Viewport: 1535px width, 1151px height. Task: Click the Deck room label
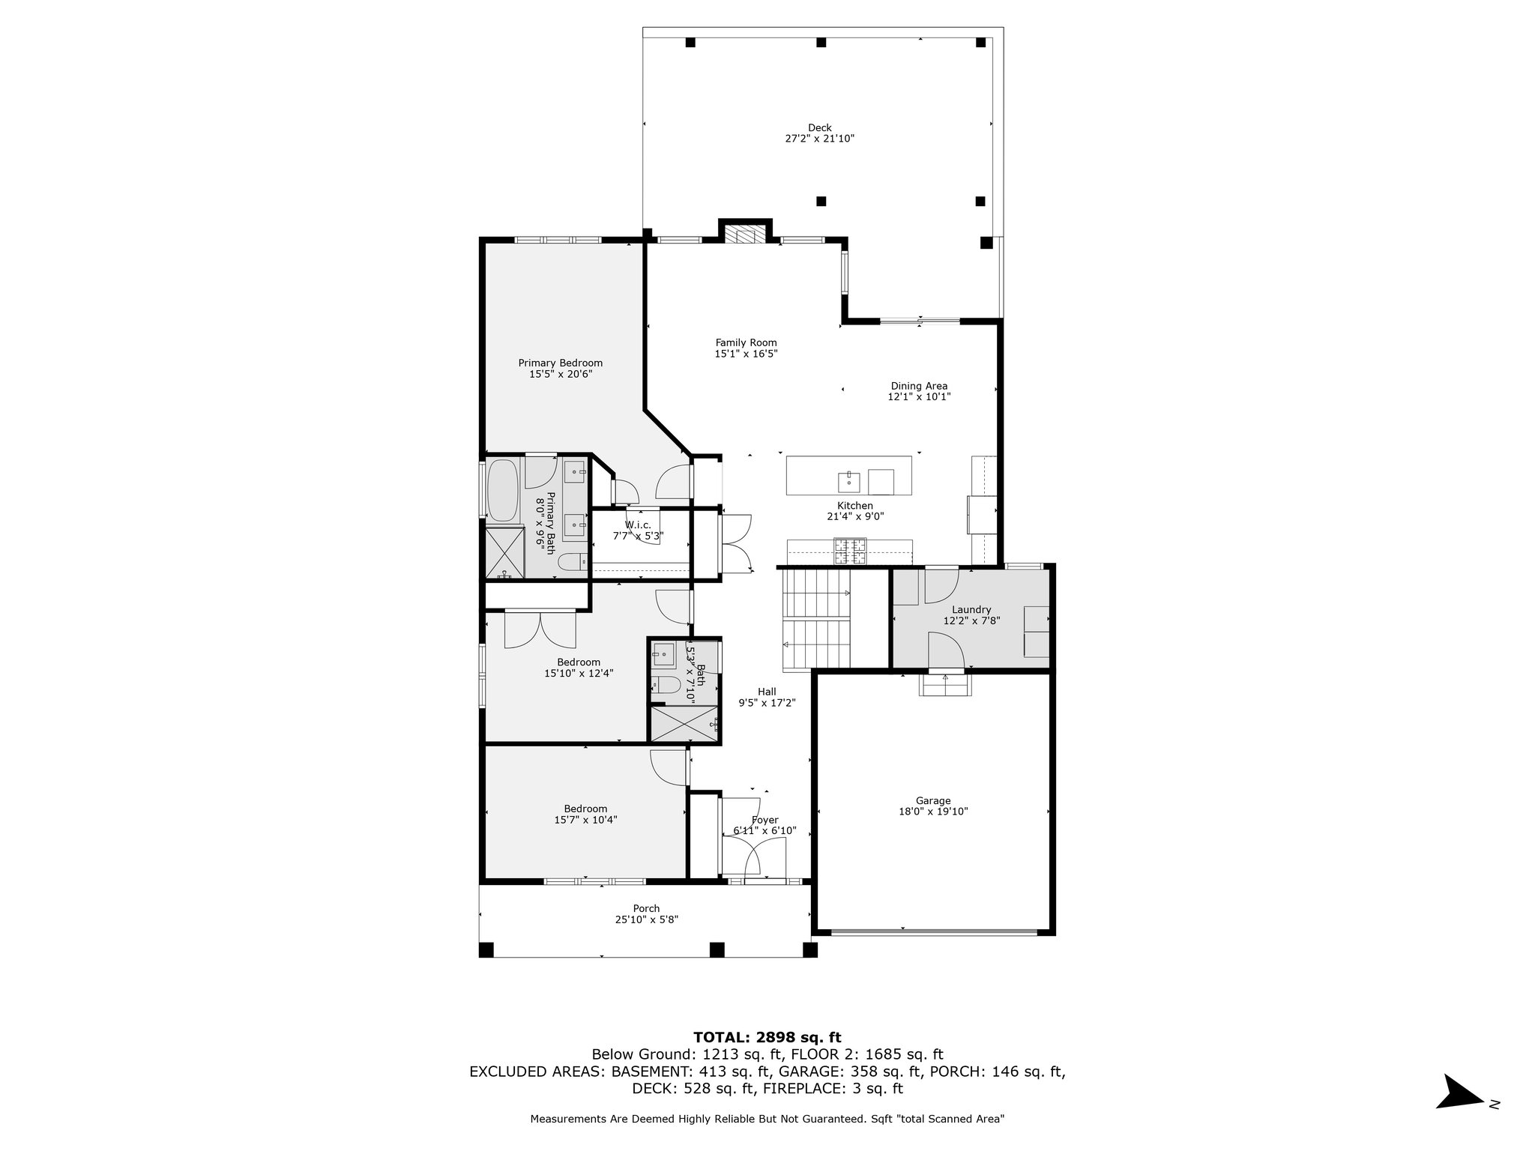(819, 127)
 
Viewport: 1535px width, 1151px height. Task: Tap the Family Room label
(746, 343)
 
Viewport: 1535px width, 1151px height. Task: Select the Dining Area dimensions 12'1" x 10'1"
(919, 397)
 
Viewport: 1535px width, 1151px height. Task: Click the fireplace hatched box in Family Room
(746, 236)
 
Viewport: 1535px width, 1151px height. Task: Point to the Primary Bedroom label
(561, 363)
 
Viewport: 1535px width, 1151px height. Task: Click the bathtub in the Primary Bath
(502, 491)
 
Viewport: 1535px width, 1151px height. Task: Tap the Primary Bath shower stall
(504, 553)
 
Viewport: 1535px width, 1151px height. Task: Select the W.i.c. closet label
(639, 525)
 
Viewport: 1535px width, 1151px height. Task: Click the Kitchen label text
(855, 506)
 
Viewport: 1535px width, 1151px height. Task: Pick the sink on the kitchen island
(850, 480)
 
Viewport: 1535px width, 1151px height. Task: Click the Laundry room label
(971, 610)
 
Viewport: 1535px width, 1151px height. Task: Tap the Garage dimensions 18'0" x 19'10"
(933, 812)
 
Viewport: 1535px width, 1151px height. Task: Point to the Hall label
(767, 692)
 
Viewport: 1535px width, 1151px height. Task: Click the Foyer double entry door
(754, 857)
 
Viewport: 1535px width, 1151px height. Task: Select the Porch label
(646, 909)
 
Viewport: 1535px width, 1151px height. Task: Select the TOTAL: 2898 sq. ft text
(767, 1038)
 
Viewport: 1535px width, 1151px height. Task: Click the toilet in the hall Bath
(665, 684)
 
